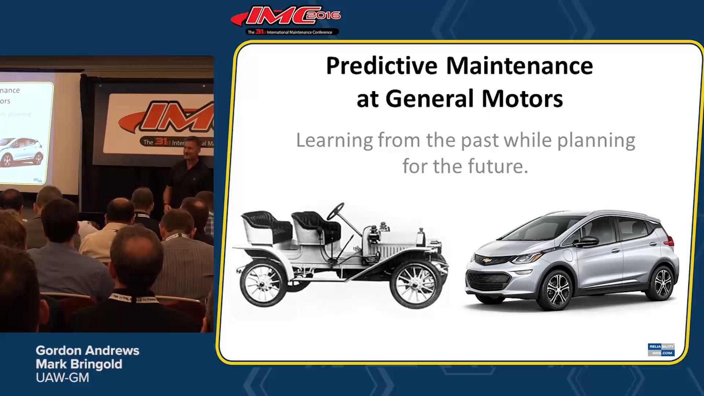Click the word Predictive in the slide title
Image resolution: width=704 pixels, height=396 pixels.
tap(381, 66)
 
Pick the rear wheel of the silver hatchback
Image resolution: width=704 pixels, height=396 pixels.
tap(662, 283)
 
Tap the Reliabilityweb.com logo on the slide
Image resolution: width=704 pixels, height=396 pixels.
tap(661, 349)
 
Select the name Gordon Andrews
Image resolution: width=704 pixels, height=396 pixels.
tap(87, 351)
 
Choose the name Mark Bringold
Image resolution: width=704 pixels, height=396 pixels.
tap(79, 364)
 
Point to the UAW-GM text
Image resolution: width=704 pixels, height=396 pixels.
tap(62, 378)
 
